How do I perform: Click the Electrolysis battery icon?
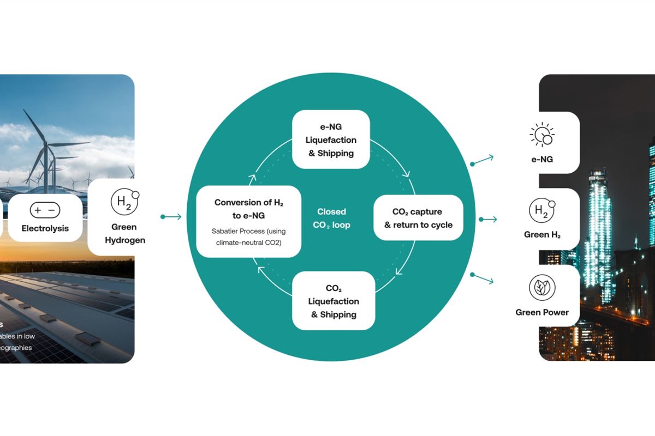45,210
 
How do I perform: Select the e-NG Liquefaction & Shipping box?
331,140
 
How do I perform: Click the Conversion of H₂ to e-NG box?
249,221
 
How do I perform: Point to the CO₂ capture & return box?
418,218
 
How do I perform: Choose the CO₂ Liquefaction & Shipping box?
334,301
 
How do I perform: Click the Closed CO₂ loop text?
331,218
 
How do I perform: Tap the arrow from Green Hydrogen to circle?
171,217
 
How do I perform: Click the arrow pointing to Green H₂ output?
488,219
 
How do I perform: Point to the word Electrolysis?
45,228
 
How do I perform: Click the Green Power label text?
542,312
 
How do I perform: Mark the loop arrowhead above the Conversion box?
252,178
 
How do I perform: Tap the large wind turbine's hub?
47,146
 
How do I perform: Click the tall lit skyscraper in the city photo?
599,229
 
